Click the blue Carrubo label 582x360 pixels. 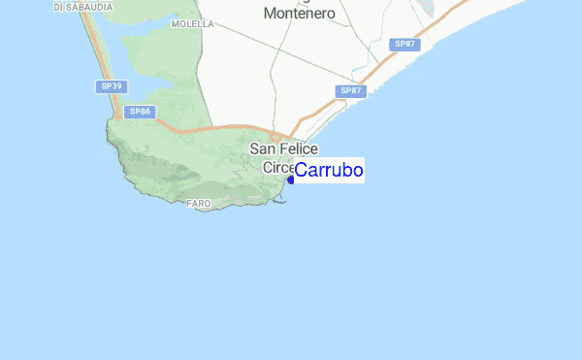pyautogui.click(x=329, y=171)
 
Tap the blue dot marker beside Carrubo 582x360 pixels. pyautogui.click(x=290, y=179)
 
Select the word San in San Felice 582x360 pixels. pyautogui.click(x=263, y=148)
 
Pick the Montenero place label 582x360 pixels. pyautogui.click(x=300, y=14)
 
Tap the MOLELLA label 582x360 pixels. pyautogui.click(x=192, y=24)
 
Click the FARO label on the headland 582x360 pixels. pyautogui.click(x=199, y=203)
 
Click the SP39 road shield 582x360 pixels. pyautogui.click(x=112, y=86)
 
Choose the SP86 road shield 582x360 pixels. pyautogui.click(x=141, y=112)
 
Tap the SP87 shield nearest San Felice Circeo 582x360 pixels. pyautogui.click(x=350, y=90)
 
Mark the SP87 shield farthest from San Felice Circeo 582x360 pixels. pyautogui.click(x=404, y=45)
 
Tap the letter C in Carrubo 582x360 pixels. pyautogui.click(x=301, y=171)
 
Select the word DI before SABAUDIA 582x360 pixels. pyautogui.click(x=60, y=6)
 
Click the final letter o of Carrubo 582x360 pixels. pyautogui.click(x=358, y=171)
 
